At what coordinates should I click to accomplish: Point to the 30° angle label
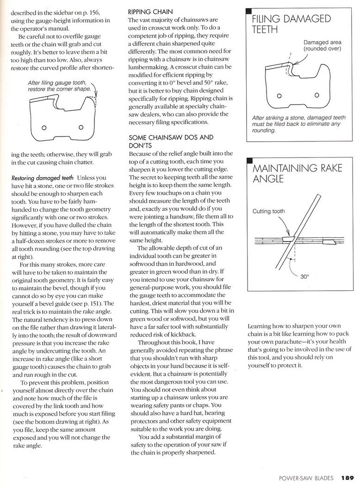click(304, 277)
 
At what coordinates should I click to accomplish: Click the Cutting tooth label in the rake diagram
click(269, 212)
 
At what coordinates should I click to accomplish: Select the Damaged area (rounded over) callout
click(323, 45)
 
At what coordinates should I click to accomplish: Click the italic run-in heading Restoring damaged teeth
click(42, 177)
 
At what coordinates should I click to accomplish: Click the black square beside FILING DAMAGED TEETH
click(249, 11)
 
